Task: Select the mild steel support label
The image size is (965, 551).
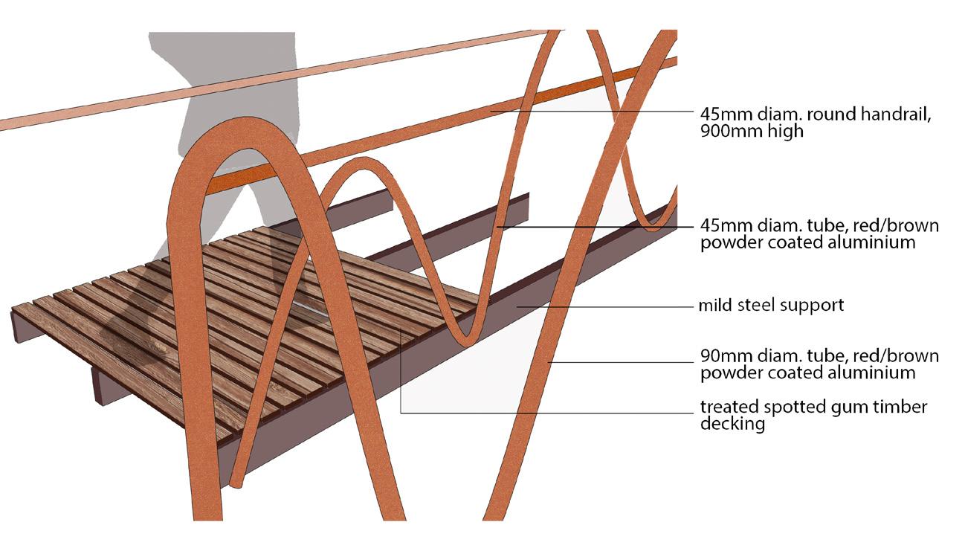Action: pos(772,305)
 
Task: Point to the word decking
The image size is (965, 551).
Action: pos(732,425)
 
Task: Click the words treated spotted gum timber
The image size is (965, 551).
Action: pos(813,407)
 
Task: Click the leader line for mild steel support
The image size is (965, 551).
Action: pos(602,306)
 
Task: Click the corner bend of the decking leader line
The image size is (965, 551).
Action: pos(401,412)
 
